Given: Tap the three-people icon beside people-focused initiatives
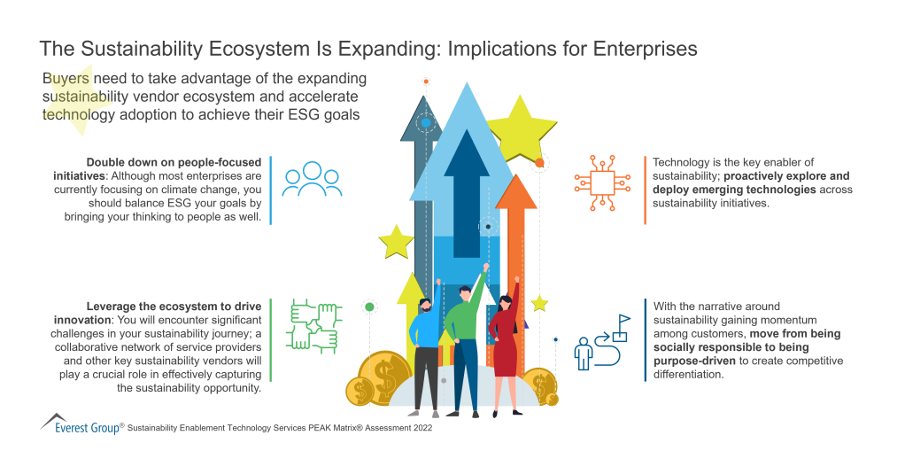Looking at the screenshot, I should pos(312,179).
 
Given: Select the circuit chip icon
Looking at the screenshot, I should pos(602,181).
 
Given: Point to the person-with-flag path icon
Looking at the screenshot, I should pos(602,342).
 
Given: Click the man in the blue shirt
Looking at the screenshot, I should pos(425,350).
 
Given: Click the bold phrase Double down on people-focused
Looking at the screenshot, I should pos(174,162).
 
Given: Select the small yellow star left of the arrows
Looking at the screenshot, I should pos(396,241).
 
